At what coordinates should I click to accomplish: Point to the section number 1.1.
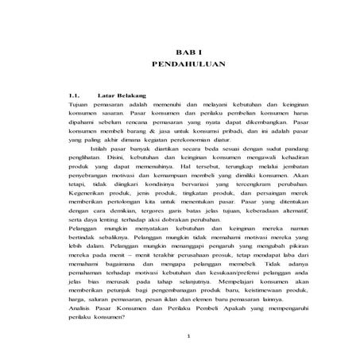click(x=78, y=95)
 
